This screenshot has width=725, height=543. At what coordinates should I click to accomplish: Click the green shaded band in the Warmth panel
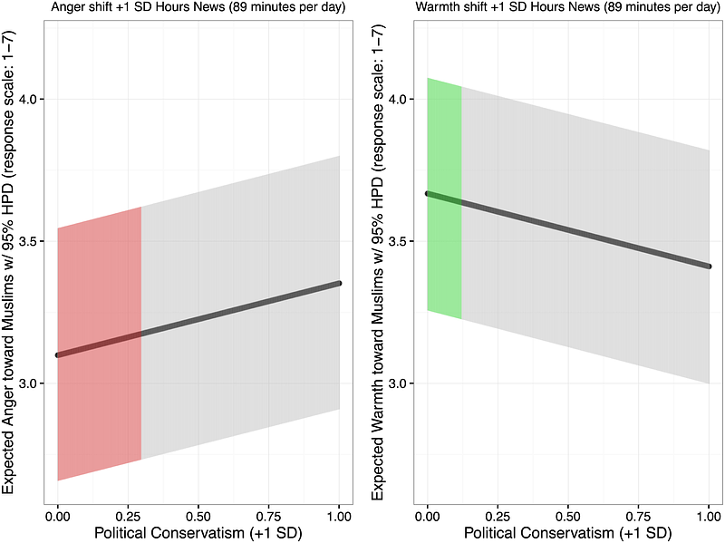tap(444, 199)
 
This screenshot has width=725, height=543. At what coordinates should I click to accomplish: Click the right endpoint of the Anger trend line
tap(339, 283)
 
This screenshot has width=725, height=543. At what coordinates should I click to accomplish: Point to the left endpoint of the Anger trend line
tap(58, 354)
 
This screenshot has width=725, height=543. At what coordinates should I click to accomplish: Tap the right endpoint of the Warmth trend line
tap(709, 267)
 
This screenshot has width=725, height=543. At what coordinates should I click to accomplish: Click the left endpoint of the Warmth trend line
tap(428, 193)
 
